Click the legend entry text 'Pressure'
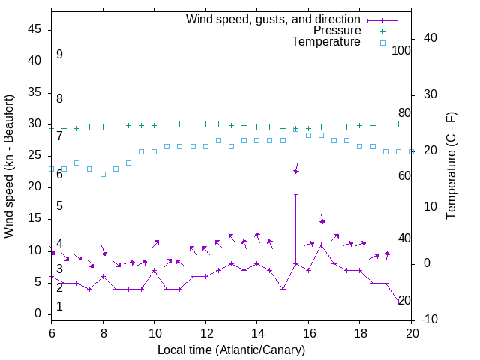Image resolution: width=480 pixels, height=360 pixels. coord(337,31)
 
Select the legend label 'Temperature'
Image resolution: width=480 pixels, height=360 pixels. coord(326,42)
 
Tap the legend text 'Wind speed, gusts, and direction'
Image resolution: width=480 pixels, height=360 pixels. coord(274,19)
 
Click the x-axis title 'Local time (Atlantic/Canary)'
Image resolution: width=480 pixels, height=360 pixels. coord(232,350)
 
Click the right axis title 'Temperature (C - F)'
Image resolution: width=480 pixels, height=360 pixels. coord(451,166)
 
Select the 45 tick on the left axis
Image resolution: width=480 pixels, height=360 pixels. coord(34,29)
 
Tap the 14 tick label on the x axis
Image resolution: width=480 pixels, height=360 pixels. coord(257,332)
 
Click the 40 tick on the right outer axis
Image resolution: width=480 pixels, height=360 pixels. coord(430,38)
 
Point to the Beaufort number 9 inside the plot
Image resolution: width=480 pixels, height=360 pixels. coord(59,55)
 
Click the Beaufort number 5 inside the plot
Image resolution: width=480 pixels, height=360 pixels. coord(59,206)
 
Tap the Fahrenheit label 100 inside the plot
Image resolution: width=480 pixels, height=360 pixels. coord(402,51)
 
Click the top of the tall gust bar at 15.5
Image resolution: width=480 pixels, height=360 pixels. coord(296,195)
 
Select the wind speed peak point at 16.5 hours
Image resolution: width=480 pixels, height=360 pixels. coord(321,245)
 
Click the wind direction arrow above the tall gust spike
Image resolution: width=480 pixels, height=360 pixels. coord(296,169)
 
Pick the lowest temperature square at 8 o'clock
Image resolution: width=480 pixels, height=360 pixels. coord(103,174)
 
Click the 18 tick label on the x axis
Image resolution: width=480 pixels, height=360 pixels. coord(360,332)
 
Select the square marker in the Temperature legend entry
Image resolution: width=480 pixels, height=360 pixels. coord(382,43)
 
